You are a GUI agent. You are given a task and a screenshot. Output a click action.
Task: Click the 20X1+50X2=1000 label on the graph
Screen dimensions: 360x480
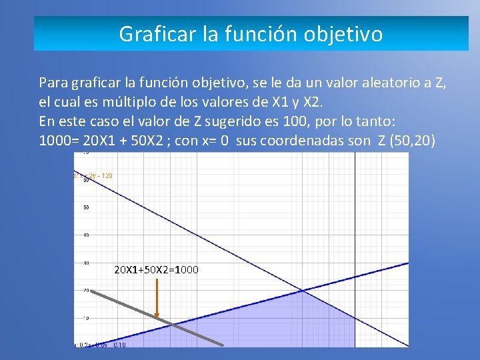[x=157, y=270]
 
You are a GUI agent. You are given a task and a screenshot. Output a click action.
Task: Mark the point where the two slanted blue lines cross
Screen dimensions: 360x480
[x=303, y=290]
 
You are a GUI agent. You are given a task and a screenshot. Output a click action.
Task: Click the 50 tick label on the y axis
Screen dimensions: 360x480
[x=86, y=207]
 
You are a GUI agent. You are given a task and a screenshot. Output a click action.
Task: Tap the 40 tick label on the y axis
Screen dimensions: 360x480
[x=86, y=235]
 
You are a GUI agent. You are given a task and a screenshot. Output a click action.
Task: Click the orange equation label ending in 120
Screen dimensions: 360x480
[x=94, y=175]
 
